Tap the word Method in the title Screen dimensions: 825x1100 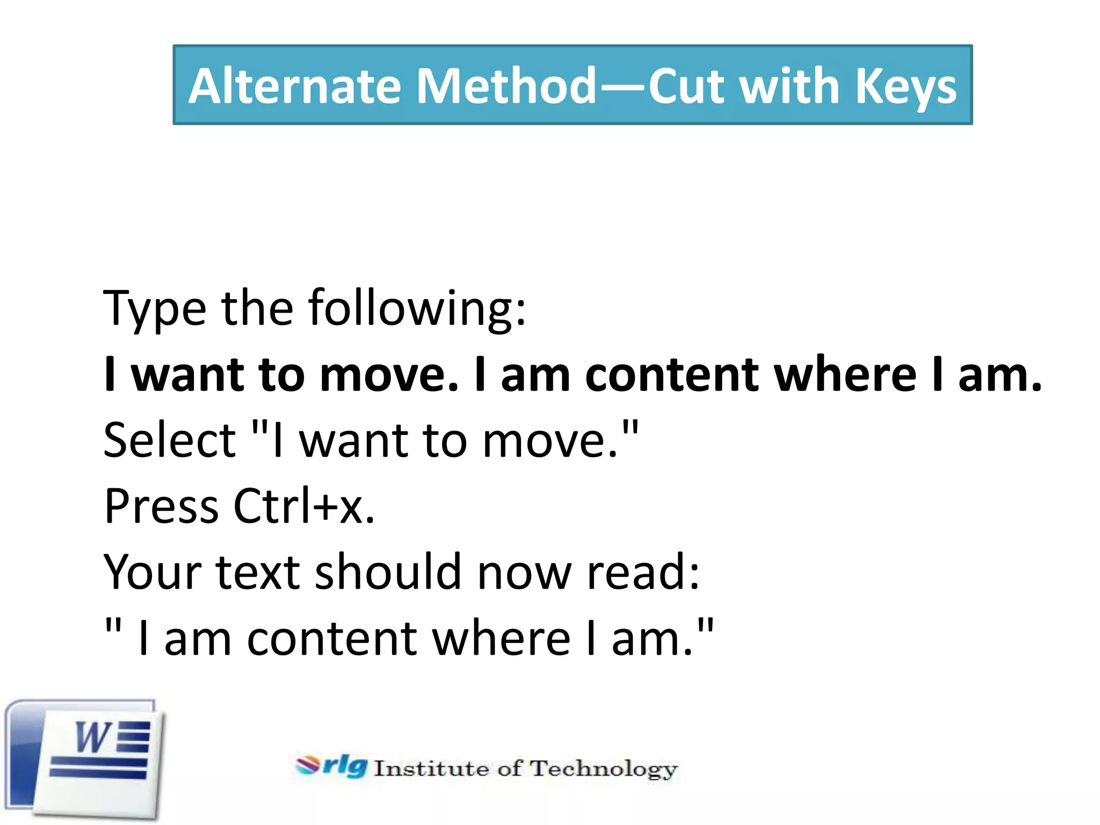point(506,86)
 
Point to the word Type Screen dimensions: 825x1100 point(155,309)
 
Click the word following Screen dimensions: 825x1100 point(416,309)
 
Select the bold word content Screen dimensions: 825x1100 point(671,375)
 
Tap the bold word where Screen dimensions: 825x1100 point(845,375)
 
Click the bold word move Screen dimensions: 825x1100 point(389,375)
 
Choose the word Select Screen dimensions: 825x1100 point(170,440)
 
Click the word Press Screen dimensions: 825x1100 point(161,506)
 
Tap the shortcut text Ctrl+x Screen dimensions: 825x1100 point(303,506)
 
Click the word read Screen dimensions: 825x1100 point(643,572)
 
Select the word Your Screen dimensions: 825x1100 point(152,572)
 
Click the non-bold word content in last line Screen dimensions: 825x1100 point(331,639)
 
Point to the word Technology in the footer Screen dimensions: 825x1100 point(604,769)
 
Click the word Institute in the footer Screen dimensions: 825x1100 point(431,769)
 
